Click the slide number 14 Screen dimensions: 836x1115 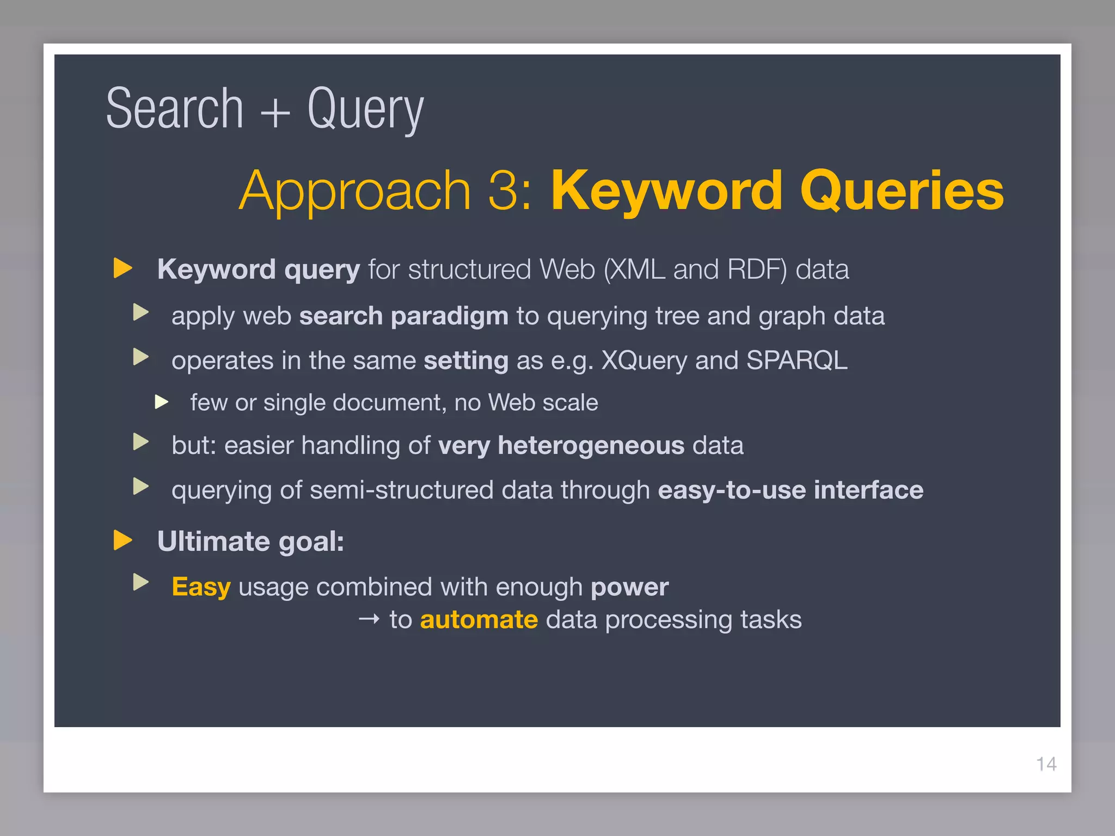(1046, 764)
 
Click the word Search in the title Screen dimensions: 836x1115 (174, 109)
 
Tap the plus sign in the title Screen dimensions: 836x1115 (275, 112)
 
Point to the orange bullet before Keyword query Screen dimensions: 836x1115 (123, 268)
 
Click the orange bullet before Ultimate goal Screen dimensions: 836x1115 (123, 540)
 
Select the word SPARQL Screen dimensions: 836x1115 (797, 360)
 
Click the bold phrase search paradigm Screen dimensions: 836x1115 (403, 316)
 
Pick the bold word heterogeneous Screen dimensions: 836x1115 (591, 446)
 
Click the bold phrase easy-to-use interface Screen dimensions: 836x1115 (791, 490)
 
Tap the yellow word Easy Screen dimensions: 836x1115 (201, 587)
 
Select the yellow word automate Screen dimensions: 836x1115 (479, 620)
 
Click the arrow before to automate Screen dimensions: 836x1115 (369, 619)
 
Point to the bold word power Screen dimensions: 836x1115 (629, 587)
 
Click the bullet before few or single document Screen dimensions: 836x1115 (161, 402)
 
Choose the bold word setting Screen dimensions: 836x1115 (466, 361)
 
